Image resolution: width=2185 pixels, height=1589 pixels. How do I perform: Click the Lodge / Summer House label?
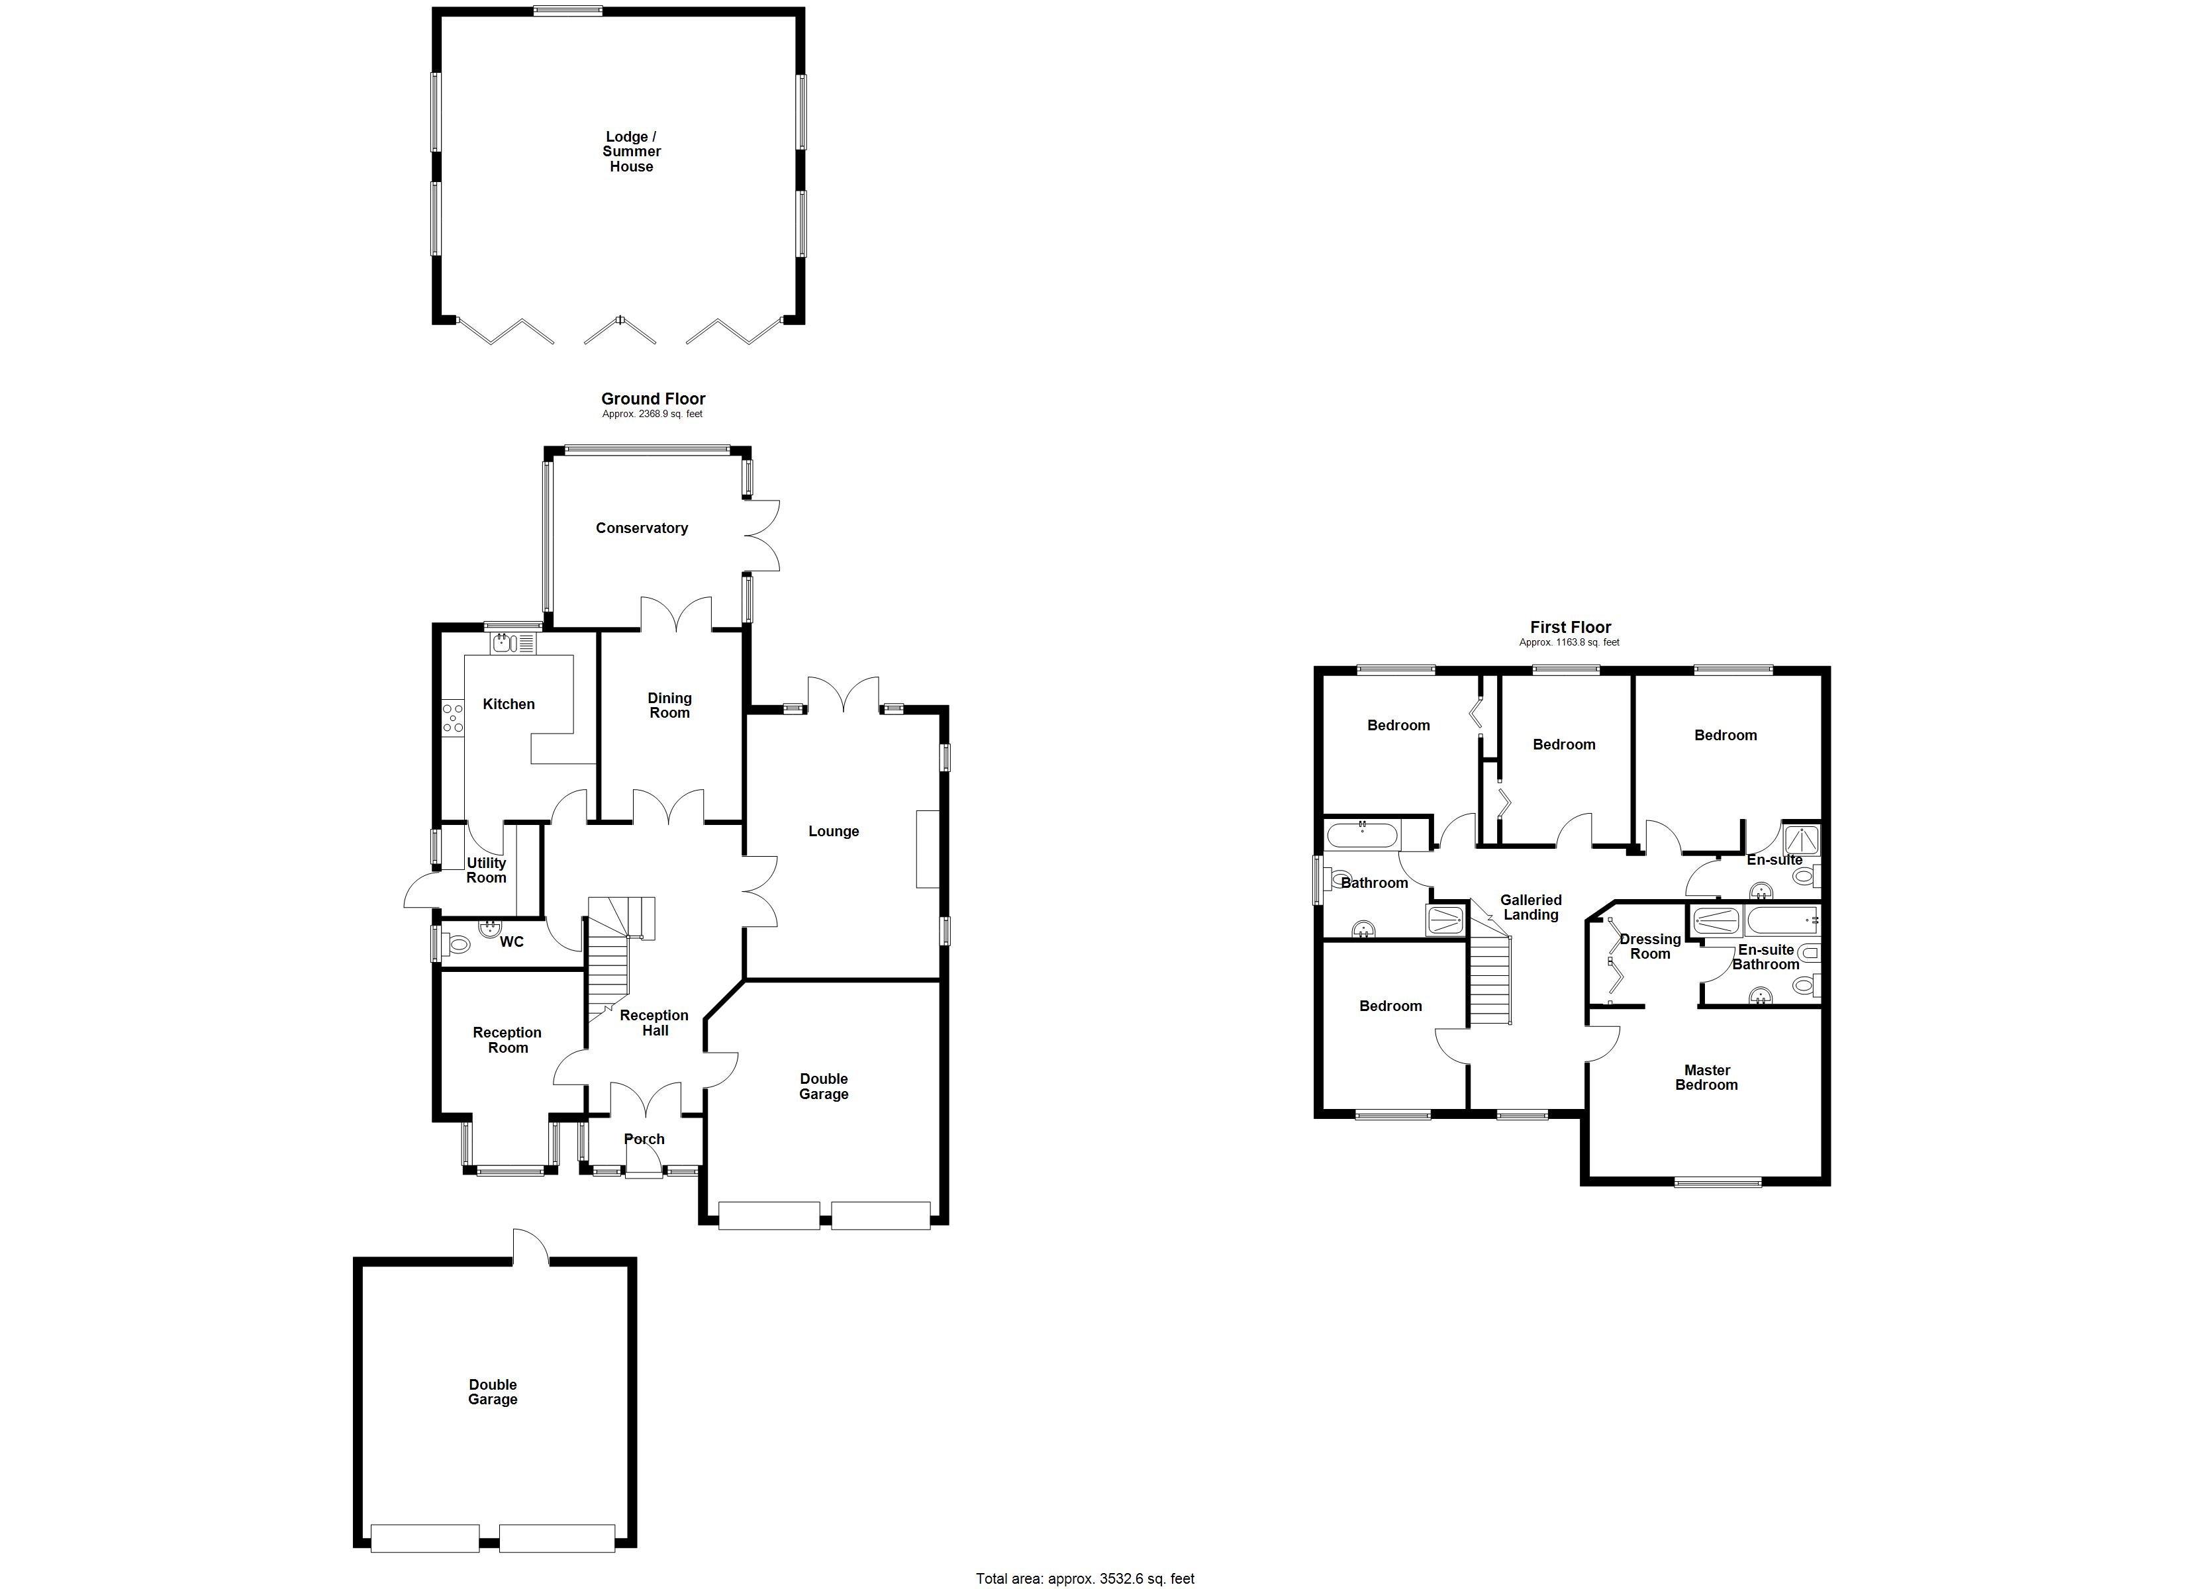point(631,152)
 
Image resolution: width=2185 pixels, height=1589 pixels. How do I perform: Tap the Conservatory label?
point(642,528)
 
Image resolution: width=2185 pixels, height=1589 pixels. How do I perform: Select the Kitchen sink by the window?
point(512,643)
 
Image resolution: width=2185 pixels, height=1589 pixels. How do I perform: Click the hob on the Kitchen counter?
point(452,719)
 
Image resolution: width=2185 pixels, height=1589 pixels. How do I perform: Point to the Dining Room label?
point(669,705)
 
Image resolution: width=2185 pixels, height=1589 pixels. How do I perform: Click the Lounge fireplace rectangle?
point(927,848)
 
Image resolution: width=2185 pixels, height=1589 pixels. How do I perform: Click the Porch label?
point(644,1139)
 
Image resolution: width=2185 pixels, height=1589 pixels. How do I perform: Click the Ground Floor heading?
point(654,399)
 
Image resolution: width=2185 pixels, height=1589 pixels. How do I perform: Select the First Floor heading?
point(1571,627)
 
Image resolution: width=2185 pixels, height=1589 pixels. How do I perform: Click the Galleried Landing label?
point(1531,907)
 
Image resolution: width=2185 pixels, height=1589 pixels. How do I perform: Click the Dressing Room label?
point(1649,946)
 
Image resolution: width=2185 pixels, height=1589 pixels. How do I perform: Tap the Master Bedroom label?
point(1706,1077)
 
